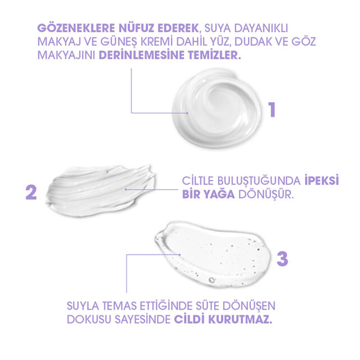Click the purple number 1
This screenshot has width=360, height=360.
point(271,108)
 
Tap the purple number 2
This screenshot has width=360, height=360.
point(31,192)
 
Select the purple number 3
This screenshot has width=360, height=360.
point(283,259)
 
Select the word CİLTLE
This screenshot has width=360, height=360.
point(200,181)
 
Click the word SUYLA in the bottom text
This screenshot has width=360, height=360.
point(83,307)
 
